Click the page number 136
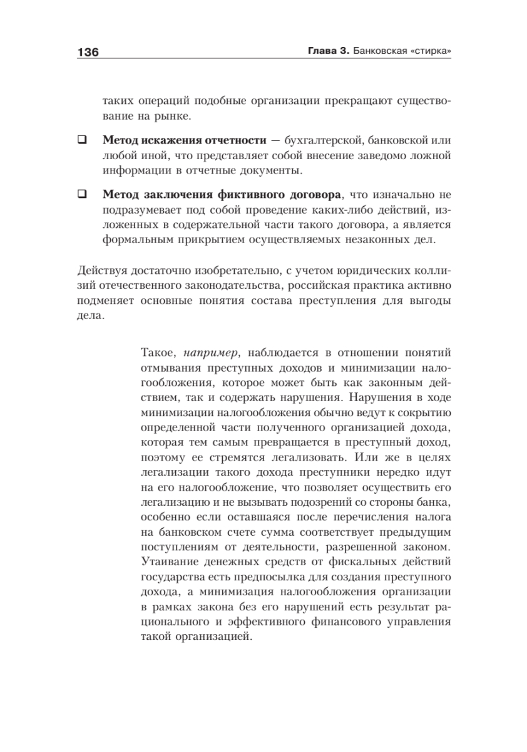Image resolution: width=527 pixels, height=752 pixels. tap(88, 53)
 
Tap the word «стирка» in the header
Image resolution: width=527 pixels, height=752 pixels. tap(429, 53)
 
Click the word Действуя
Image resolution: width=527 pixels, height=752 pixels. tap(101, 271)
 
